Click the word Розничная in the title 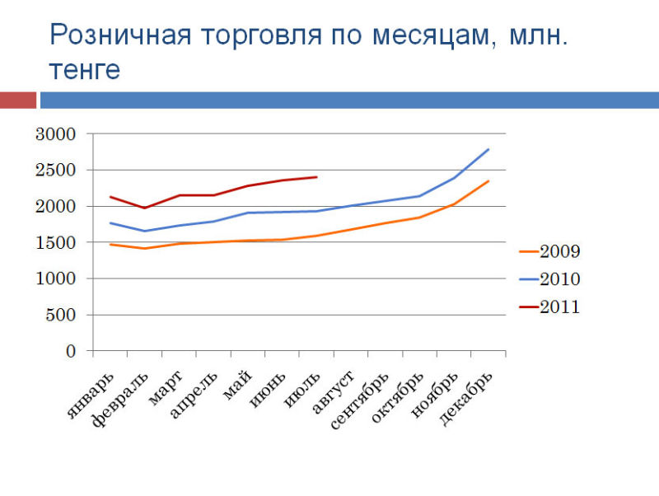pos(120,35)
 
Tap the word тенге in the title pos(85,69)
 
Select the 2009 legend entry pos(549,251)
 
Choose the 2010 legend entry pos(549,279)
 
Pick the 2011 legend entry pos(549,306)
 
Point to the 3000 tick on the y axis pos(55,134)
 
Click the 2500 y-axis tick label pos(55,171)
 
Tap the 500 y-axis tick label pos(60,315)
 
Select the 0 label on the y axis pos(71,351)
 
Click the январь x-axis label pos(91,395)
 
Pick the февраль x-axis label pos(120,400)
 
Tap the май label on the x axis pos(237,385)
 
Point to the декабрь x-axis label pos(465,399)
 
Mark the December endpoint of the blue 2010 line pos(488,149)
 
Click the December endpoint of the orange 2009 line pos(488,180)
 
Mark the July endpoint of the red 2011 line pos(316,177)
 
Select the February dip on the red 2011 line pos(145,208)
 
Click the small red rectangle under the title pos(18,101)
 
